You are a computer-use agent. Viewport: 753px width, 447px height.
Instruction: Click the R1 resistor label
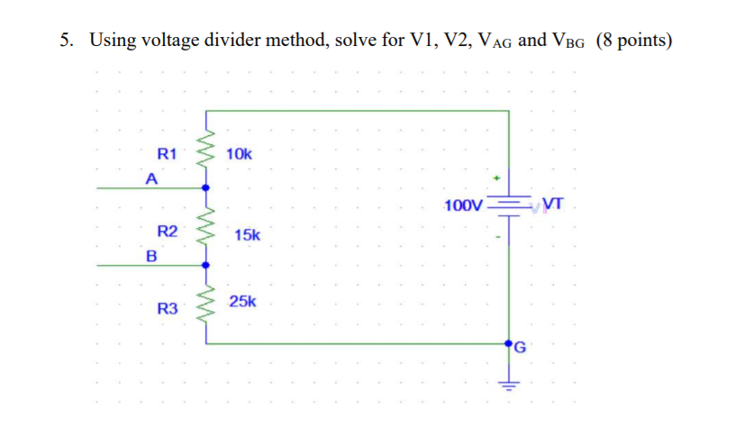(x=168, y=153)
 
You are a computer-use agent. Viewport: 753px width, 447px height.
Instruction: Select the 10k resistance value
(x=240, y=154)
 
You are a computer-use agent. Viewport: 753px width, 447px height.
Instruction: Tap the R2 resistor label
(x=168, y=231)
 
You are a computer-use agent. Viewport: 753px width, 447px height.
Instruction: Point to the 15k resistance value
(x=247, y=234)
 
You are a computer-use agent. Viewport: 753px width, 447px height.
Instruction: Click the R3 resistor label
(x=168, y=308)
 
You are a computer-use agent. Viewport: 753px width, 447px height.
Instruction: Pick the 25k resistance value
(x=242, y=301)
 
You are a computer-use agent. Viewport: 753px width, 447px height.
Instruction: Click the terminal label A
(x=152, y=178)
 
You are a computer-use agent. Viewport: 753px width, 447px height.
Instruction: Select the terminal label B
(x=151, y=255)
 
